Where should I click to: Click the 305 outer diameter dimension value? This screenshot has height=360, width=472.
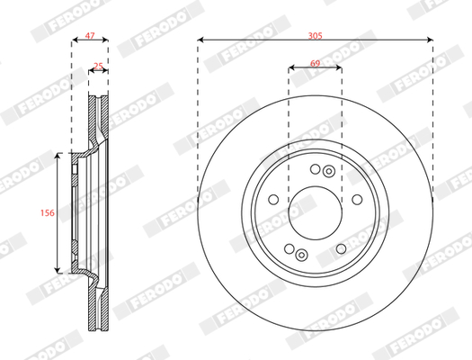point(316,36)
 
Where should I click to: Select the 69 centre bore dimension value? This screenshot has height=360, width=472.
point(315,63)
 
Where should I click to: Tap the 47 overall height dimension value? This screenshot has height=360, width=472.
point(90,35)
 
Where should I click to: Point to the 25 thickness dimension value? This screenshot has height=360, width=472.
point(98,66)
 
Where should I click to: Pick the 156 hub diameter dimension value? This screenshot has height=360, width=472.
point(48,212)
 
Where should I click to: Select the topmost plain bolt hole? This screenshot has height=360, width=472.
point(316,169)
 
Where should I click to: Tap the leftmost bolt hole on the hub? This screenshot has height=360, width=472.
point(273,200)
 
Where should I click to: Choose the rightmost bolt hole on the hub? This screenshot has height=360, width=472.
point(357,200)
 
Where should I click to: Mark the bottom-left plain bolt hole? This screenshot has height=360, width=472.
point(289,248)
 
